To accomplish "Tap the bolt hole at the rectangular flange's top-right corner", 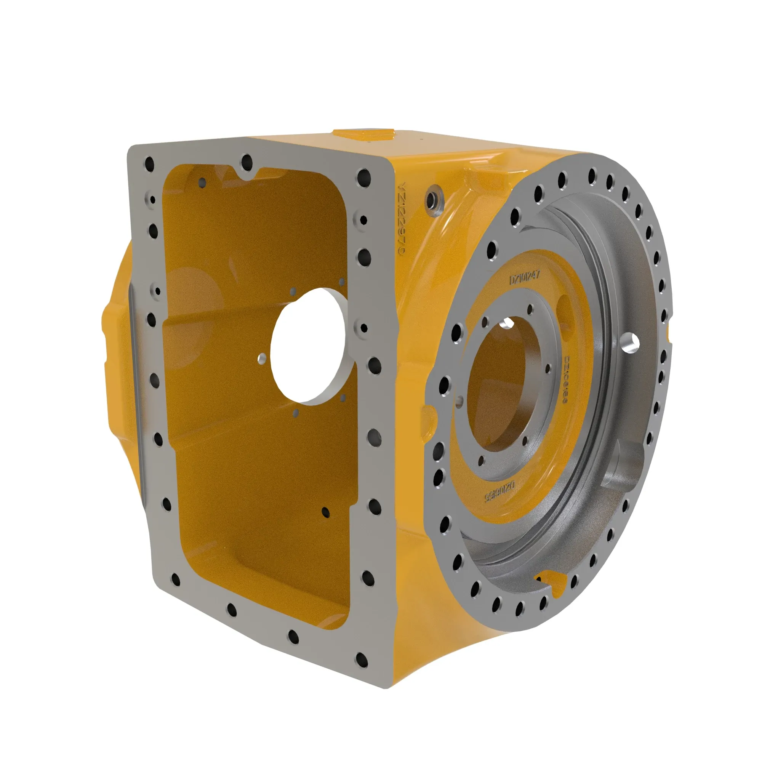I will (363, 178).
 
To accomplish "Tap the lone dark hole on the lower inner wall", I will (325, 512).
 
